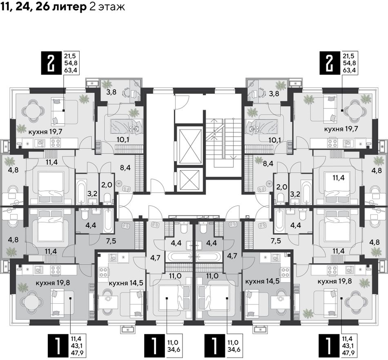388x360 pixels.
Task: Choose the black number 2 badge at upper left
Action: click(x=51, y=63)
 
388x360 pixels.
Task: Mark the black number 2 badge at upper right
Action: click(x=330, y=63)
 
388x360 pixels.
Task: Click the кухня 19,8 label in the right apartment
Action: click(x=335, y=281)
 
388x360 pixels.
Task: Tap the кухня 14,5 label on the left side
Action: click(x=126, y=283)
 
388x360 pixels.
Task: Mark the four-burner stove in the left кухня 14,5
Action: click(x=104, y=273)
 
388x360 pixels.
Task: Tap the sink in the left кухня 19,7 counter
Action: click(x=40, y=143)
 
